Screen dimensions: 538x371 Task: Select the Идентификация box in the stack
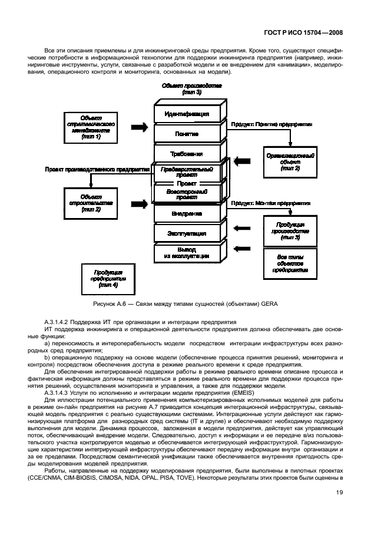187,113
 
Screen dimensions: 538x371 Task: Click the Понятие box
187,134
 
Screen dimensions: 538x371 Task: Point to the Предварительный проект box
187,171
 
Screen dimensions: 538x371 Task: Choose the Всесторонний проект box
187,193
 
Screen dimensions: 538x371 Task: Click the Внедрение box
187,213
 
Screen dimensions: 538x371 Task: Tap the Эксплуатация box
187,233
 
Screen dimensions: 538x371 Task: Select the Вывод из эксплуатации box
187,253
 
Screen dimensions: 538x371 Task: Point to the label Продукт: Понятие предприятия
271,125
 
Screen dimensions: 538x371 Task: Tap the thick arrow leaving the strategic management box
139,127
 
